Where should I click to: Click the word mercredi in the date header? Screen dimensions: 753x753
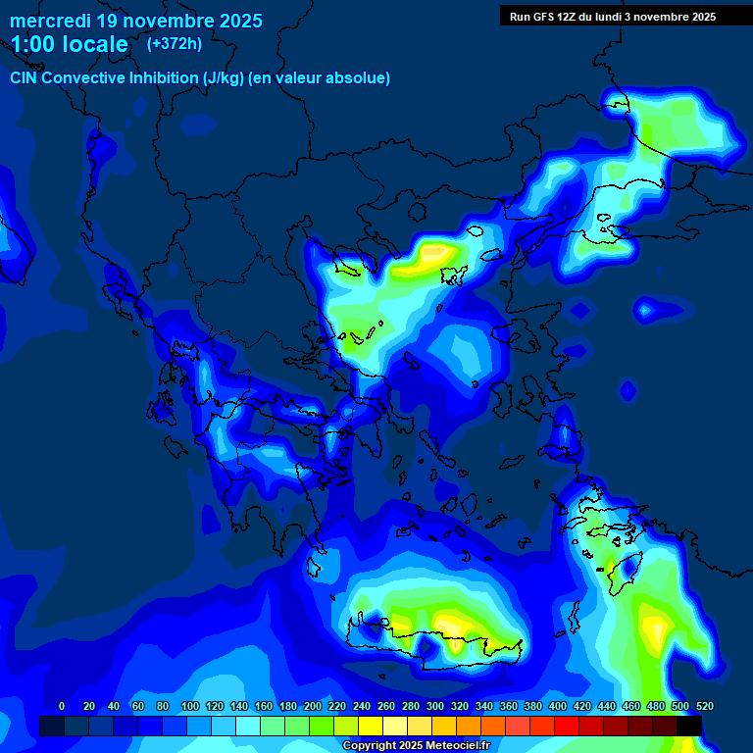(51, 21)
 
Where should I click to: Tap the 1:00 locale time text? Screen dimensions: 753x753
(69, 44)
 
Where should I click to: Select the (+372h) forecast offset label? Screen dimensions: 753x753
(175, 43)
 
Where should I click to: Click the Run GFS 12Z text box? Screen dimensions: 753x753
(612, 17)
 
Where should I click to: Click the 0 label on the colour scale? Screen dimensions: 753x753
(62, 707)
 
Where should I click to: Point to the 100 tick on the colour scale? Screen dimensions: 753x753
(189, 707)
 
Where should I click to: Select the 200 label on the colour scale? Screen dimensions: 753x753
(312, 707)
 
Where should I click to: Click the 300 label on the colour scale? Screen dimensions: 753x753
(434, 707)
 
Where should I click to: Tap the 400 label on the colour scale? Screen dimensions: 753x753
(557, 707)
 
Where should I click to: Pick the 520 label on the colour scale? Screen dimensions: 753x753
(704, 707)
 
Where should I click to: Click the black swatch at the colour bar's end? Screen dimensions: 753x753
(689, 726)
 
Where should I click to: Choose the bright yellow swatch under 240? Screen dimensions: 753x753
(371, 726)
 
